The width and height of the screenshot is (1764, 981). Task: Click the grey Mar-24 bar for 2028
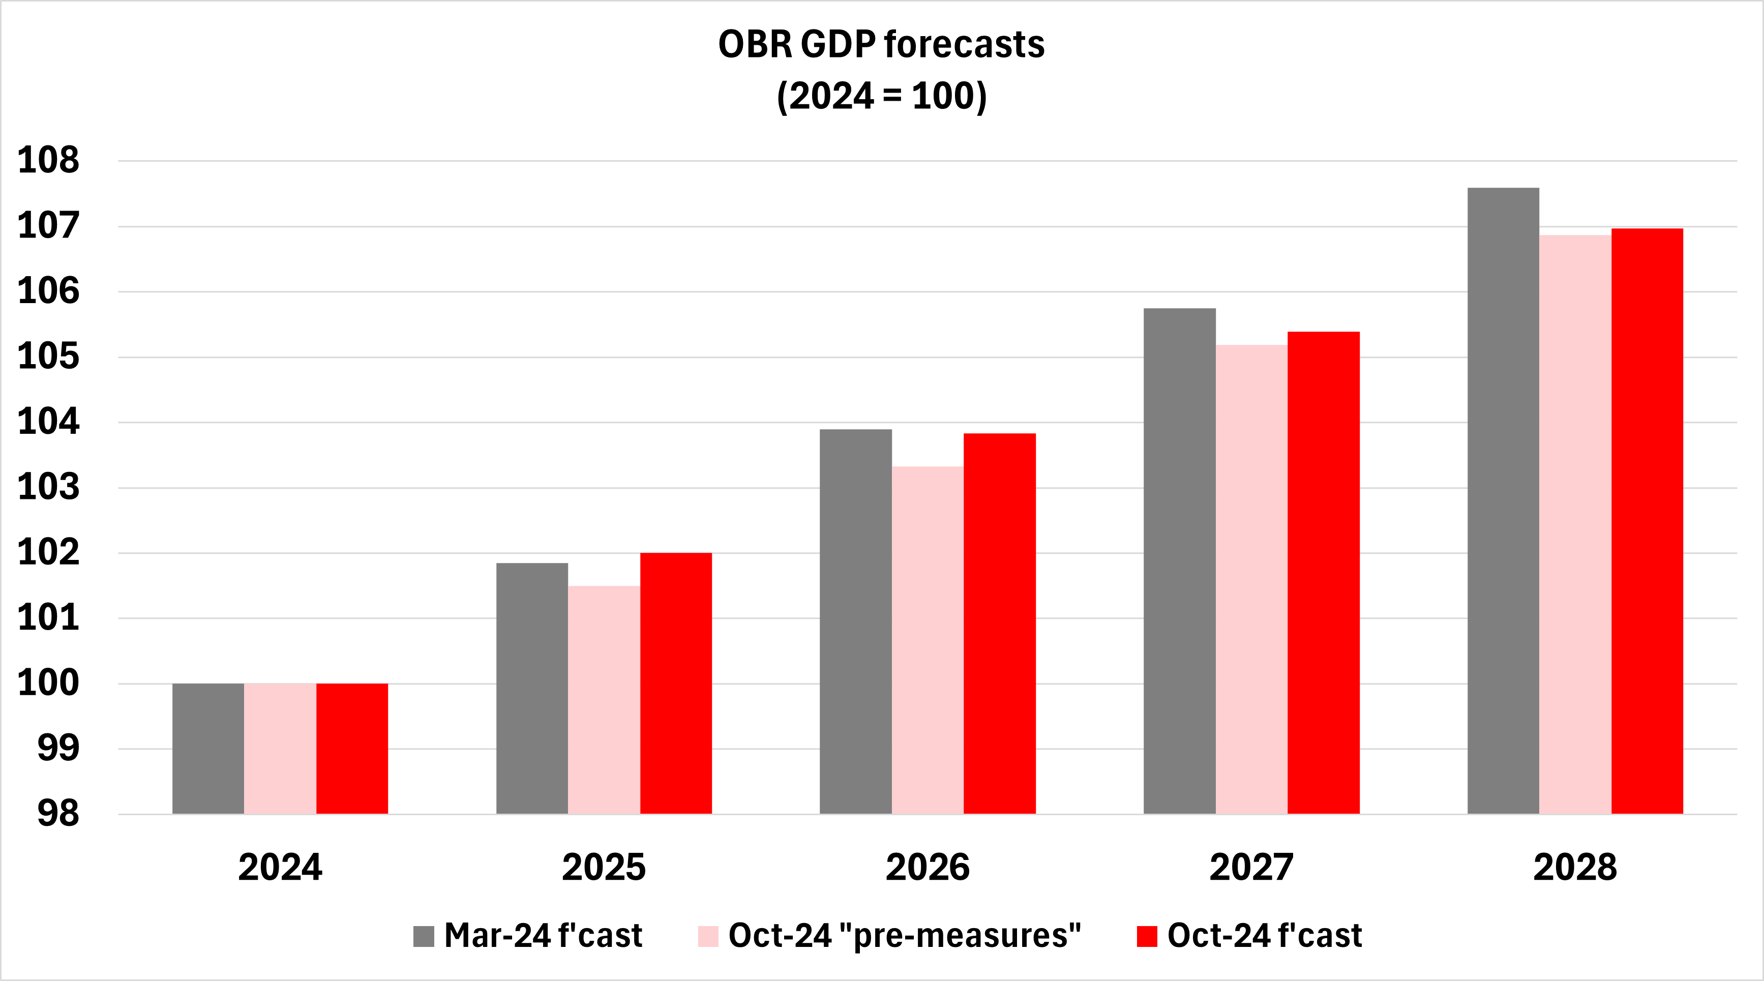click(x=1503, y=500)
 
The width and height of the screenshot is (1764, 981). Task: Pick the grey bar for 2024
click(x=208, y=748)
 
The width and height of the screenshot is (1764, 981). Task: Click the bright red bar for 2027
click(x=1323, y=573)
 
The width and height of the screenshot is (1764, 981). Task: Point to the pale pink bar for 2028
click(x=1575, y=524)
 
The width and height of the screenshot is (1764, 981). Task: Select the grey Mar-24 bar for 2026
click(x=855, y=621)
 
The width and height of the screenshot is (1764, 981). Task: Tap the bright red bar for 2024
click(x=352, y=748)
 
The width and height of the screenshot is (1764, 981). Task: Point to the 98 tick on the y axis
click(x=58, y=814)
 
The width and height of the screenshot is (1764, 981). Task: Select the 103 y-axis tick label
click(x=48, y=487)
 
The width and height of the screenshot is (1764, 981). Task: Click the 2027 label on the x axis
click(x=1251, y=867)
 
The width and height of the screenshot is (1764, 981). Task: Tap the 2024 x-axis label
click(x=280, y=867)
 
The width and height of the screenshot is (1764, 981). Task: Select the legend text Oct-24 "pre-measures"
click(x=904, y=936)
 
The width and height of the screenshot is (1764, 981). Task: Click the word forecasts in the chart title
click(x=964, y=45)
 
